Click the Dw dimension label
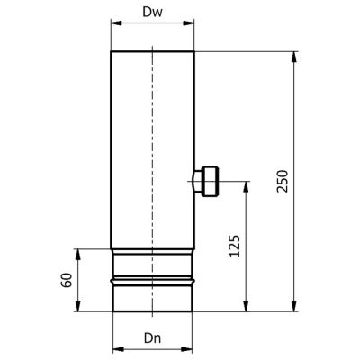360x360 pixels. click(153, 12)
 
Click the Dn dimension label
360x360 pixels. click(153, 338)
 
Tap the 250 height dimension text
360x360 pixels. click(283, 181)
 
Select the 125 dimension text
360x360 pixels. click(235, 246)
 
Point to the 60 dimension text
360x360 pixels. click(67, 280)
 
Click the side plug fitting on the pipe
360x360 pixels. click(206, 181)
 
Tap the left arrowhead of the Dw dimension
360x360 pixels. click(116, 23)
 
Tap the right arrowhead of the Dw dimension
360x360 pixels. click(189, 23)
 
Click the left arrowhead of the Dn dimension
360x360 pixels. click(118, 349)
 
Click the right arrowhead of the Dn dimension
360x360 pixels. click(186, 349)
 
